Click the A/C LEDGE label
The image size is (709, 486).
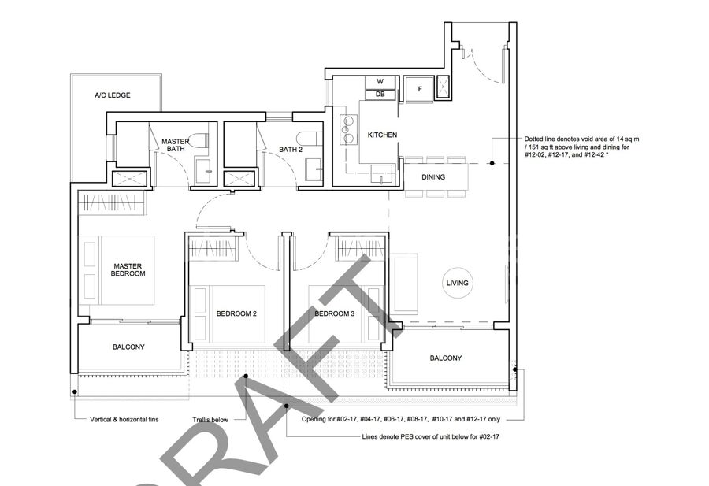[x=112, y=95]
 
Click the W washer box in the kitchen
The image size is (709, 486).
[x=380, y=82]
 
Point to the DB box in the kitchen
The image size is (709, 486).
[x=380, y=95]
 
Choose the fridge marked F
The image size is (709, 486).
[x=419, y=89]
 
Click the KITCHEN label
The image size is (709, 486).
[x=382, y=135]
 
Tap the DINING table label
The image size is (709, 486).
[x=433, y=177]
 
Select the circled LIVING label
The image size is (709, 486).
[x=457, y=283]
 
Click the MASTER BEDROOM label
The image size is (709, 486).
[x=128, y=270]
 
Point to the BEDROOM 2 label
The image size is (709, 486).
[x=236, y=313]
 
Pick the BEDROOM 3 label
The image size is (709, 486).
[x=335, y=313]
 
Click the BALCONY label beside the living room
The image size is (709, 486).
[x=446, y=358]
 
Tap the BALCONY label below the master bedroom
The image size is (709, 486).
[x=128, y=347]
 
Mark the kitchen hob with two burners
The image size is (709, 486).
[x=348, y=130]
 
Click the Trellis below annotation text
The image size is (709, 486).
[x=210, y=420]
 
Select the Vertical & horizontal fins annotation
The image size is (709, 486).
[x=124, y=420]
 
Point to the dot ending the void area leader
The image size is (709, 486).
[x=492, y=163]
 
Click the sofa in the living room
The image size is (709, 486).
[x=405, y=284]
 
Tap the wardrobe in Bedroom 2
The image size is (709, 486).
[x=213, y=250]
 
